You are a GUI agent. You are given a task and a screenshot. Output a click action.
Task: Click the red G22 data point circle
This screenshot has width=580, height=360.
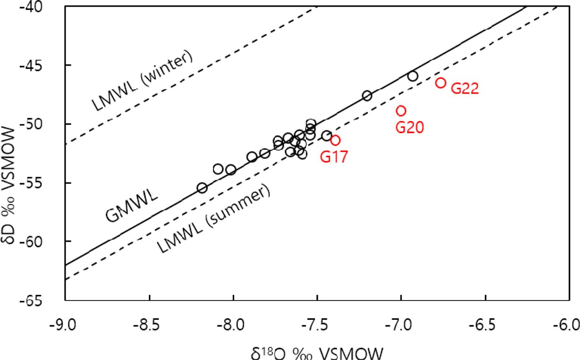(x=440, y=83)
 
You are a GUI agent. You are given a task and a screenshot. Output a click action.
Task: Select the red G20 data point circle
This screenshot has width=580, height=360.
(x=401, y=111)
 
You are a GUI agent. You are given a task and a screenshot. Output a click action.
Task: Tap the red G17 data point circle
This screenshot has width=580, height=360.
(x=335, y=140)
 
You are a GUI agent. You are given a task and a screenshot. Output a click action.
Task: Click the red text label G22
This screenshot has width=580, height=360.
(x=465, y=88)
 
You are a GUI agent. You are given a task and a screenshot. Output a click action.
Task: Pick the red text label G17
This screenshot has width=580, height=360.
(x=334, y=156)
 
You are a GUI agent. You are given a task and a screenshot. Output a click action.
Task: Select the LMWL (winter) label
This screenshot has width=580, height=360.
(x=142, y=81)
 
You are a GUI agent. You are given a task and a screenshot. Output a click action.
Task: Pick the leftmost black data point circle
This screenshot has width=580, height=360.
(x=202, y=188)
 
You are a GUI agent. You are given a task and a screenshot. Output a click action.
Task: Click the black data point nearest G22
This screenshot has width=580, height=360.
(x=413, y=76)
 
